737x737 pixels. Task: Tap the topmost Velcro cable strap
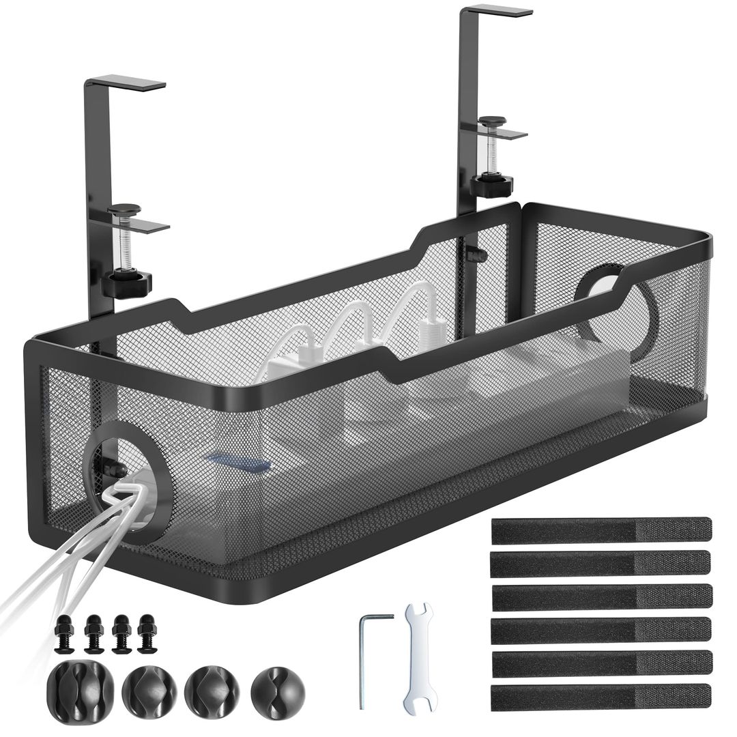click(x=601, y=530)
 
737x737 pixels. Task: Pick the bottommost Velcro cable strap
click(x=601, y=696)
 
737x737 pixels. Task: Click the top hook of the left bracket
click(x=126, y=83)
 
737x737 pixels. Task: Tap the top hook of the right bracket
click(x=496, y=11)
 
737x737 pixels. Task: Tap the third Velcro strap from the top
click(x=601, y=596)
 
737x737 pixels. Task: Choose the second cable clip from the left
click(x=149, y=690)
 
